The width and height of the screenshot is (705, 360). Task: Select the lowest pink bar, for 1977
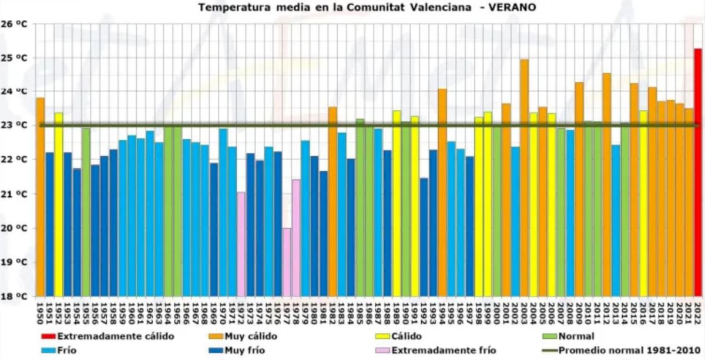click(287, 262)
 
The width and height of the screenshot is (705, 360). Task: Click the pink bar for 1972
click(241, 244)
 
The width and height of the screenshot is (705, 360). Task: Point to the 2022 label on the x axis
click(697, 311)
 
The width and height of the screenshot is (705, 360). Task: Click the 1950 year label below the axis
click(41, 311)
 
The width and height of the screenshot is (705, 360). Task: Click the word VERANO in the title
click(512, 8)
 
